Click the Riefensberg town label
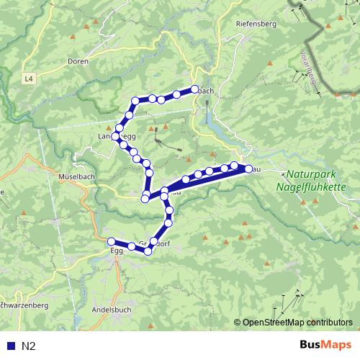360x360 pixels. [x=256, y=24]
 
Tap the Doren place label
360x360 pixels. [x=77, y=62]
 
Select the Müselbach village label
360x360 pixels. [x=73, y=176]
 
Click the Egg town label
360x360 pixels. [x=117, y=251]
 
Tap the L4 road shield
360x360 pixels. [x=27, y=78]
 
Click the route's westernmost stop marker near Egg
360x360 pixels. [x=111, y=241]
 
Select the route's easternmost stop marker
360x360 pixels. [x=248, y=168]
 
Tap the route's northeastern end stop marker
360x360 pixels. [x=194, y=89]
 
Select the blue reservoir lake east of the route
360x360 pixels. [x=219, y=129]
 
